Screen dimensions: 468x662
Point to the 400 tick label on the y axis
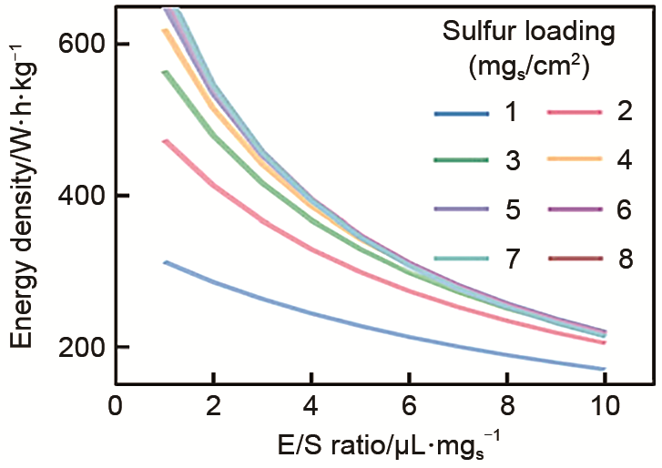pos(81,196)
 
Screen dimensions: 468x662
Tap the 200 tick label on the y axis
pos(81,347)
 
